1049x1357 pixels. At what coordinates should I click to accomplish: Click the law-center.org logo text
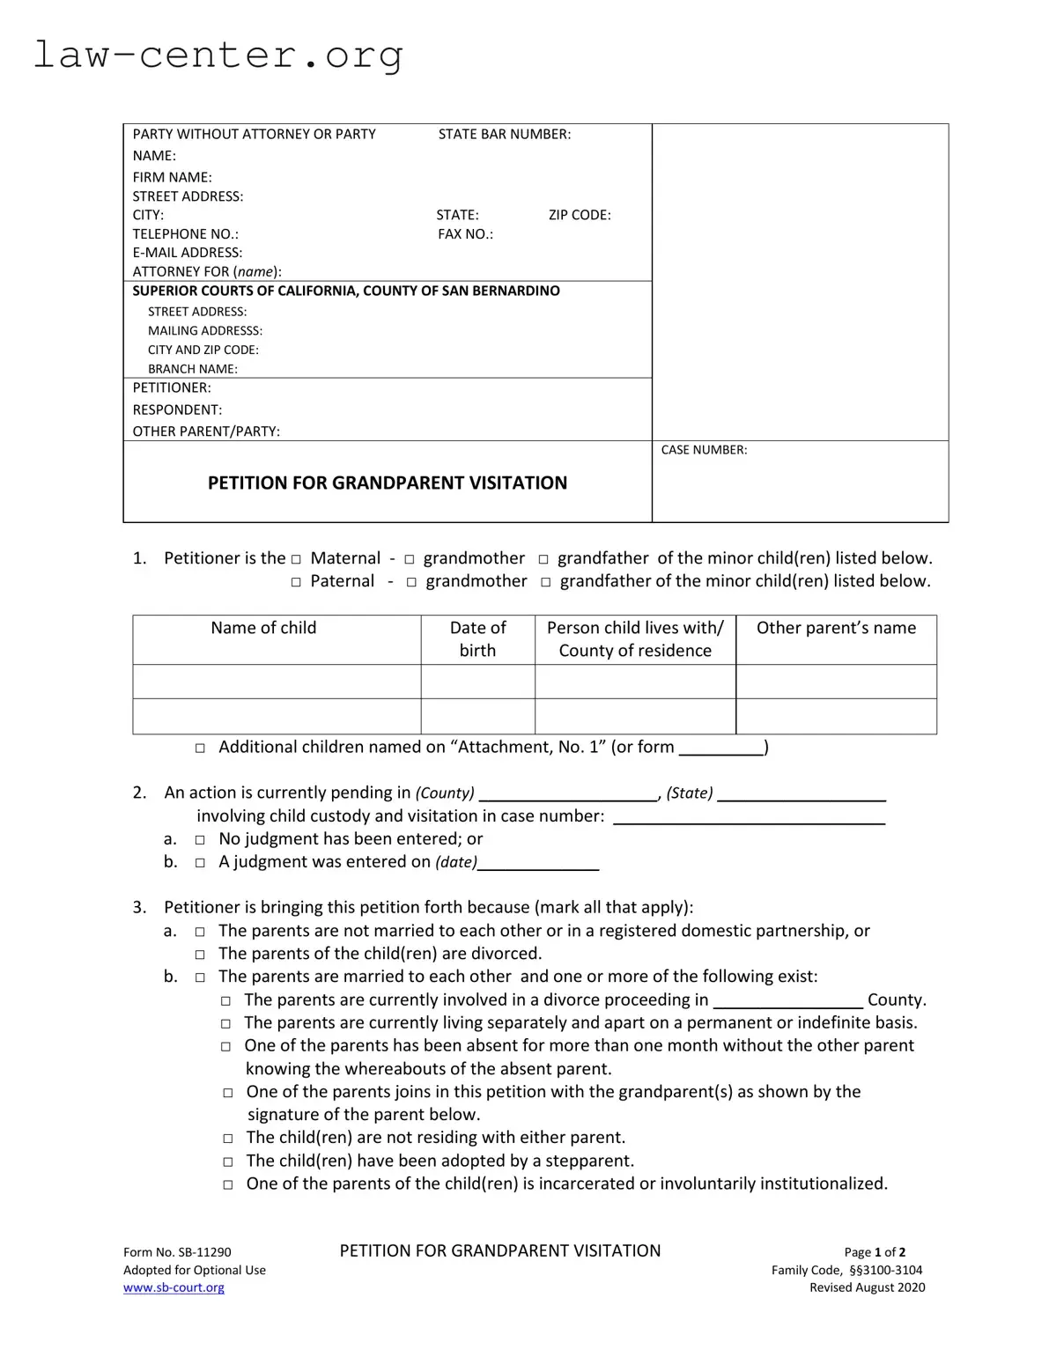218,55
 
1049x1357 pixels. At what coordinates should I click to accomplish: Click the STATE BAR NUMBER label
504,134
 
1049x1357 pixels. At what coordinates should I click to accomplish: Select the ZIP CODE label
579,215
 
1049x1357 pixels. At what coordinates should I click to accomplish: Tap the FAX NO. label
465,234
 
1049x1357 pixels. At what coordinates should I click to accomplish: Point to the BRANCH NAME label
192,369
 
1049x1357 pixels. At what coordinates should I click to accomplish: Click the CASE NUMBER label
703,450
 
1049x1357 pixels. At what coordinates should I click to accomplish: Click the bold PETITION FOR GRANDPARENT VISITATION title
387,483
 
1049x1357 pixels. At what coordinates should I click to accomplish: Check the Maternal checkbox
296,559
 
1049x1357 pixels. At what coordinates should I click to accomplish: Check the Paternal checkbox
296,582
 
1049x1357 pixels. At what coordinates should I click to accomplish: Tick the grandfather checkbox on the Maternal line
543,559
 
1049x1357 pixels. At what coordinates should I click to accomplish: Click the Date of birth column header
477,639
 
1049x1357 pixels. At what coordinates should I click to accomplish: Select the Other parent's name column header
835,628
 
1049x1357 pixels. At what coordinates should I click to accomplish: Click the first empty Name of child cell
277,682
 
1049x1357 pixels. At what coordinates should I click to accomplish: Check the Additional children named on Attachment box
200,748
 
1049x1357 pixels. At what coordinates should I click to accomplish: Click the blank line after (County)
567,793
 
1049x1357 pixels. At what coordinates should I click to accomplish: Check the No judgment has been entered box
200,840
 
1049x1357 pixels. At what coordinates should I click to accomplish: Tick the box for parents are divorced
200,955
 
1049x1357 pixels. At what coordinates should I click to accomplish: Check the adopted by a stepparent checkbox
227,1162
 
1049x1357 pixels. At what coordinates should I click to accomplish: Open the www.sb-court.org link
174,1287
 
